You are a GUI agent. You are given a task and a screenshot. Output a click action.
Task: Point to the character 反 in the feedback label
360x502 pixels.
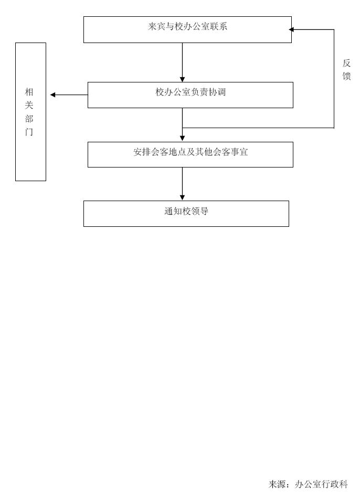click(346, 63)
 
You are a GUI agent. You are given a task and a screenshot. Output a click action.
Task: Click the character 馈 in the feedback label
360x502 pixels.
click(346, 76)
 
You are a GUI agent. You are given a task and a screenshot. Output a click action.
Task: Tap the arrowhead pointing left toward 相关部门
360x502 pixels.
click(53, 95)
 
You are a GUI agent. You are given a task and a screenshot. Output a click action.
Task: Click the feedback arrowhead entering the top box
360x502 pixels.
click(291, 30)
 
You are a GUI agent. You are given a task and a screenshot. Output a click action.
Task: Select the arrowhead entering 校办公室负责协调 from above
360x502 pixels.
click(183, 79)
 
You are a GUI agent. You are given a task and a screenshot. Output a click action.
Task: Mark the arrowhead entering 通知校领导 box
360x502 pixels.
click(183, 198)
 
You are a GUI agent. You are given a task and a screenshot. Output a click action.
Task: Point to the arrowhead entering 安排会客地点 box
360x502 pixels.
click(183, 139)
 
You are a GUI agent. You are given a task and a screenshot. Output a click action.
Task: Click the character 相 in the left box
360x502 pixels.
click(29, 92)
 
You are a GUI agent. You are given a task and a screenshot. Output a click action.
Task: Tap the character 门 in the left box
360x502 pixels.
click(29, 132)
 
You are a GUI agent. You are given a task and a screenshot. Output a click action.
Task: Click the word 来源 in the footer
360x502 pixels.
click(277, 484)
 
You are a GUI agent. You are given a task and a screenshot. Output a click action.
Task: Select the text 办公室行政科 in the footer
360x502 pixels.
click(321, 484)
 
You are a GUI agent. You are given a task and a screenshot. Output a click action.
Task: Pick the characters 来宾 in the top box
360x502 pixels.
click(156, 26)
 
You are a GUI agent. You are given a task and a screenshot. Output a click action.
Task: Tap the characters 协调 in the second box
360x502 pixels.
click(217, 92)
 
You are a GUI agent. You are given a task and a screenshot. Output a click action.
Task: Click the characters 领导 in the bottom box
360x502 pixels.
click(200, 211)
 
